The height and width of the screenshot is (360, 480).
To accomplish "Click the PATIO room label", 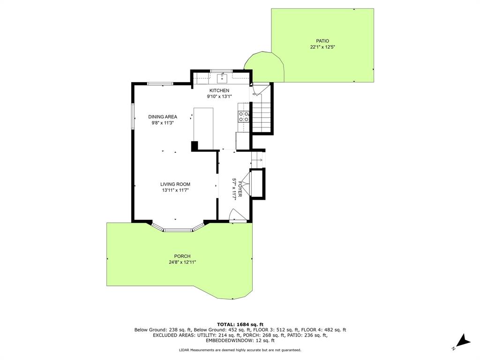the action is point(322,41).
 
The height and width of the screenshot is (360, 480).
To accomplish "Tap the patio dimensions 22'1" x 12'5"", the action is point(322,47).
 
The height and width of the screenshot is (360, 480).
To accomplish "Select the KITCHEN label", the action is point(219,90).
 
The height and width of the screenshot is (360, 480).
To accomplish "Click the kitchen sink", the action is point(222,78).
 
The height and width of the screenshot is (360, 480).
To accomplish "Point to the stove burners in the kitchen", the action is point(244,117).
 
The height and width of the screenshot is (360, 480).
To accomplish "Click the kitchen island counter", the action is point(203,128).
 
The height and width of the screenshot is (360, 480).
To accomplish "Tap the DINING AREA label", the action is point(163,117).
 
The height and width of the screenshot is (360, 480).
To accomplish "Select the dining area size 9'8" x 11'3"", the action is point(163,123).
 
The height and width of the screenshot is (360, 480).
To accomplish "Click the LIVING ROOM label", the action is point(175,184).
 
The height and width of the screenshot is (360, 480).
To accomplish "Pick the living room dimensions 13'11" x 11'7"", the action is point(175,190).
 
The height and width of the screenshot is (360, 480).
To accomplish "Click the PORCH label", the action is point(182,256).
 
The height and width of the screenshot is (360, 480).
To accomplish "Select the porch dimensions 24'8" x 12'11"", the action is point(182,262).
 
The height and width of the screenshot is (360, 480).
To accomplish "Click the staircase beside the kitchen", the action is point(262,116).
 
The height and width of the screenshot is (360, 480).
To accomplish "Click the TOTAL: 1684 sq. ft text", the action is point(240,324).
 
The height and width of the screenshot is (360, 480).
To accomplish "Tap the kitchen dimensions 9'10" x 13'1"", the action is point(219,97).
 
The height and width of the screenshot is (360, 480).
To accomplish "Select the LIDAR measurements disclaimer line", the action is point(240,350).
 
